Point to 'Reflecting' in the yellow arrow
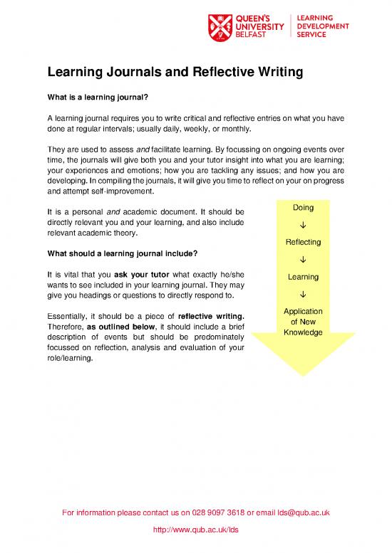303,242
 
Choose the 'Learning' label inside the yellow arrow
303,277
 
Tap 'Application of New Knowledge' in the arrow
303,322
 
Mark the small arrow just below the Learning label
303,294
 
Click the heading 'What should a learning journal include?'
122,255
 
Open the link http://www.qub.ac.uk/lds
196,530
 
